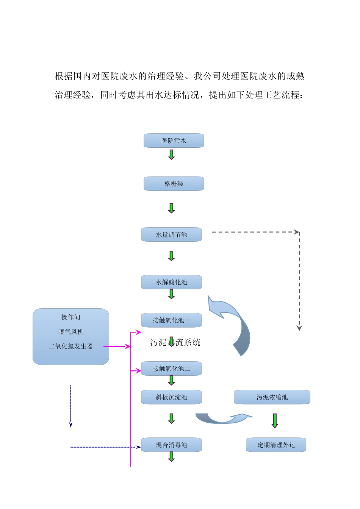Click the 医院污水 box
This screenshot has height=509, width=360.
[174, 141]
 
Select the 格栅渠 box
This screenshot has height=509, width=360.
[174, 184]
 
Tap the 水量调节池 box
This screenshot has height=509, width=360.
[171, 234]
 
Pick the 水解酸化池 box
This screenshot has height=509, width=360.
[171, 282]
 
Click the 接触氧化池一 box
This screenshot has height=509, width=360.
[171, 320]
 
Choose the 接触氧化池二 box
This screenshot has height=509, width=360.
[171, 368]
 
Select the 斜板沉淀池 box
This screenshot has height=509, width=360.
[171, 397]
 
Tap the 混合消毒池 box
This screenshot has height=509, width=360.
[171, 445]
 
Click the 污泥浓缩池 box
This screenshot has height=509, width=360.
[272, 397]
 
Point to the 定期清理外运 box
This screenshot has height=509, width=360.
[276, 445]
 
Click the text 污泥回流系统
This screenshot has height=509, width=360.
[175, 342]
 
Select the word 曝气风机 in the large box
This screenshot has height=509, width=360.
[71, 332]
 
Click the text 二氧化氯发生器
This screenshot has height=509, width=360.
[71, 346]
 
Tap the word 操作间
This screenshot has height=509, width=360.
[71, 317]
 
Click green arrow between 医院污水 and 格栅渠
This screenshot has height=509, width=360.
[171, 155]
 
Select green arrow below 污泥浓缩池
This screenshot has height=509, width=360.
[275, 421]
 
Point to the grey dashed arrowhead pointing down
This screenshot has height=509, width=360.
[299, 328]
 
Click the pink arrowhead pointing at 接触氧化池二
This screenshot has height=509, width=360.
[139, 371]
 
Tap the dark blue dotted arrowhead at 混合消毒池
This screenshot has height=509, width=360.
[139, 447]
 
